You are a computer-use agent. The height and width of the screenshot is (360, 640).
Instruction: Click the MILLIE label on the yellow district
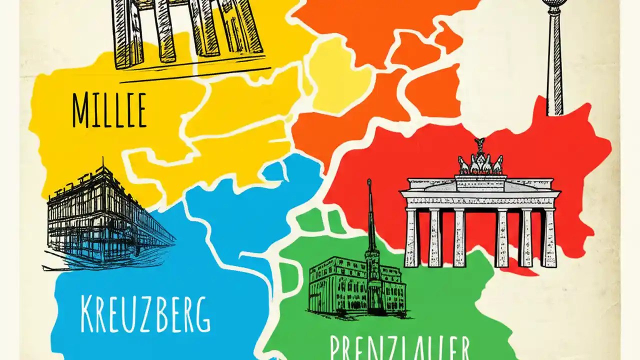pyautogui.click(x=109, y=109)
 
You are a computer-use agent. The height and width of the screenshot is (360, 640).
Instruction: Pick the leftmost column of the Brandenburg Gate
pyautogui.click(x=411, y=237)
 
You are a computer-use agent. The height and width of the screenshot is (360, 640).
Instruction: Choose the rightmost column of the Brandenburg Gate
pyautogui.click(x=549, y=237)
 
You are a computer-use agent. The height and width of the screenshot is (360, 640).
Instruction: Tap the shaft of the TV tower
pyautogui.click(x=554, y=65)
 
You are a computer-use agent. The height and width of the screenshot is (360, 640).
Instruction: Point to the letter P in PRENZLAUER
pyautogui.click(x=336, y=347)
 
